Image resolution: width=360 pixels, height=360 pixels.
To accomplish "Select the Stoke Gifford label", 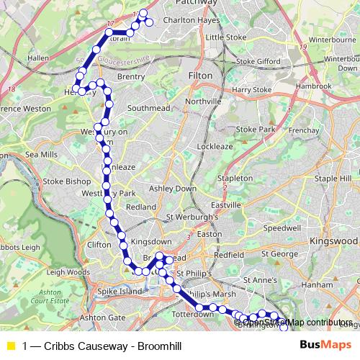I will pos(254,62).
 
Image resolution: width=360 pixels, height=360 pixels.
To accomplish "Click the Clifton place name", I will pos(99,245).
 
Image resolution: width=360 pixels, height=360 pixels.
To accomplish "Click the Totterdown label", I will pos(194,315).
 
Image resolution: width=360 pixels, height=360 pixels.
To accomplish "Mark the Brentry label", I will pos(131,76).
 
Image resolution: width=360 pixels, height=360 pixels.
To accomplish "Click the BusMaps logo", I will pos(324,345).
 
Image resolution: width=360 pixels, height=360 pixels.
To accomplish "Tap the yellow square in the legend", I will pos(10,346).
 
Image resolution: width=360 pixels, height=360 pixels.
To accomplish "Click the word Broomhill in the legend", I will pos(158,346).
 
